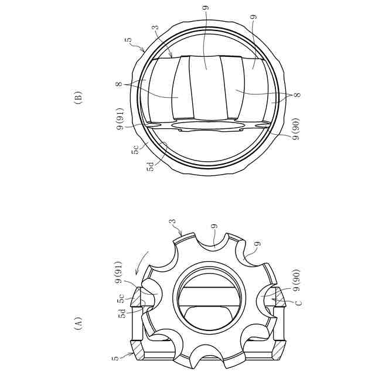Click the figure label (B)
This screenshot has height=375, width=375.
coord(79,96)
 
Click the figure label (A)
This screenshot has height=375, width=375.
coord(79,323)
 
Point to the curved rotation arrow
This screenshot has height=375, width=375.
coord(142,262)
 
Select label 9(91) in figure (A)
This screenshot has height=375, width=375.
coord(118,272)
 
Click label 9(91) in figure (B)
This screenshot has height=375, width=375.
coord(120,119)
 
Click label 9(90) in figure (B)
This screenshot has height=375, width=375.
coord(296,129)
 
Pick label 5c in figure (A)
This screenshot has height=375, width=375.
coord(121,298)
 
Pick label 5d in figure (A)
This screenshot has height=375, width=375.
coord(122,313)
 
